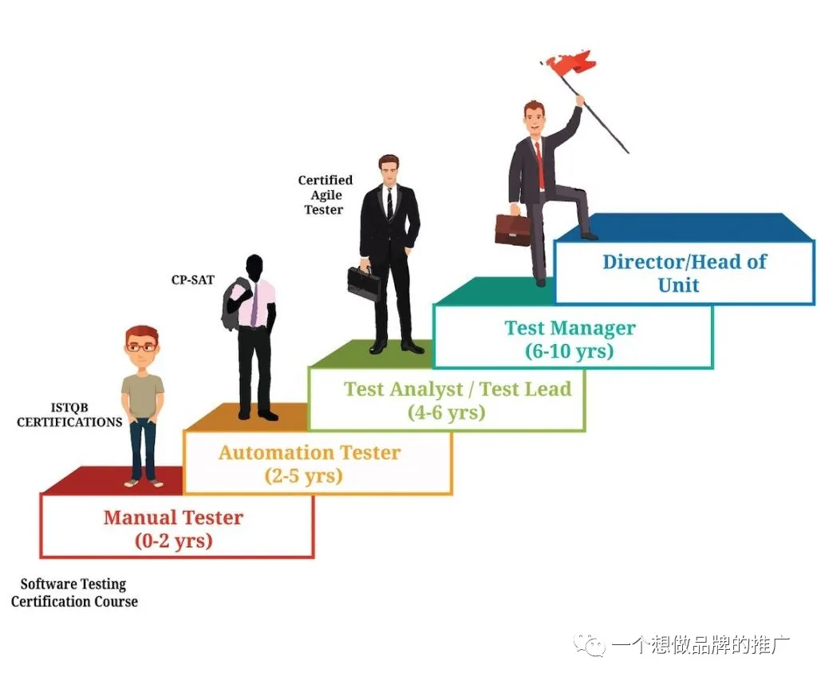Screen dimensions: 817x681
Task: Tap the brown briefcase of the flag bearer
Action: point(512,228)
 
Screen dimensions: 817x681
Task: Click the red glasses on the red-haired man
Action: point(141,346)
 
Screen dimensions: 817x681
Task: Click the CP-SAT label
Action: point(193,280)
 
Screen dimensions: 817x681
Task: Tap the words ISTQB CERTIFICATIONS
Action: point(69,415)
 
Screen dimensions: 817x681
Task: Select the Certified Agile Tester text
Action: point(326,195)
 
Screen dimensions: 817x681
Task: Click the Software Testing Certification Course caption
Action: point(74,593)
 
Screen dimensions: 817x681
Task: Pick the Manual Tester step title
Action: point(173,517)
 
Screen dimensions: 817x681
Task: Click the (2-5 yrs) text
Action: point(304,476)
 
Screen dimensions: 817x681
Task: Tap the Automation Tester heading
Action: point(310,452)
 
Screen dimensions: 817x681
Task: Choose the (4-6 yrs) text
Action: point(447,413)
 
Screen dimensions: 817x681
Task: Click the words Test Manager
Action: point(570,328)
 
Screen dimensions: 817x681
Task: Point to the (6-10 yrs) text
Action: point(569,351)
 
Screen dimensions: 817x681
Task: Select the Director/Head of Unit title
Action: point(684,273)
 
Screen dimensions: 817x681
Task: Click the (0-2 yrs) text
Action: point(173,540)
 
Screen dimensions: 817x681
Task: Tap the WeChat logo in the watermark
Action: point(590,645)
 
